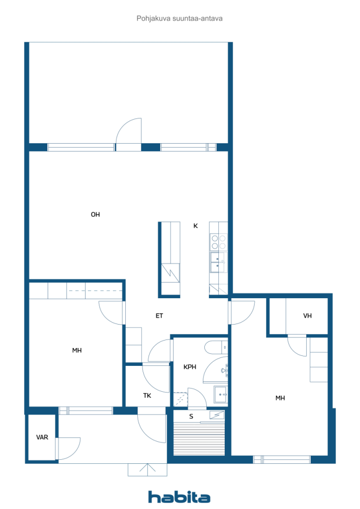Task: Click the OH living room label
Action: (95, 215)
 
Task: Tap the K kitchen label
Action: (195, 226)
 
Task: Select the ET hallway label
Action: (159, 316)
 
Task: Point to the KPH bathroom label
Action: (190, 367)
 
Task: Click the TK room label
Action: (147, 396)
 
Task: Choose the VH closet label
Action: (307, 316)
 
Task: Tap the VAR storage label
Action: (42, 437)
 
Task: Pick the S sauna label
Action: (191, 417)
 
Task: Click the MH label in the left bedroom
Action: (77, 350)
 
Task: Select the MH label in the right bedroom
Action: (280, 398)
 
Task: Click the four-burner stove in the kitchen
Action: (218, 242)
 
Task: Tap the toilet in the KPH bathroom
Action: (216, 347)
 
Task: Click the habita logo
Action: (179, 497)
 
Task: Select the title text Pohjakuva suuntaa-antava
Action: (180, 18)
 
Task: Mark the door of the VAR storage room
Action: (69, 449)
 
